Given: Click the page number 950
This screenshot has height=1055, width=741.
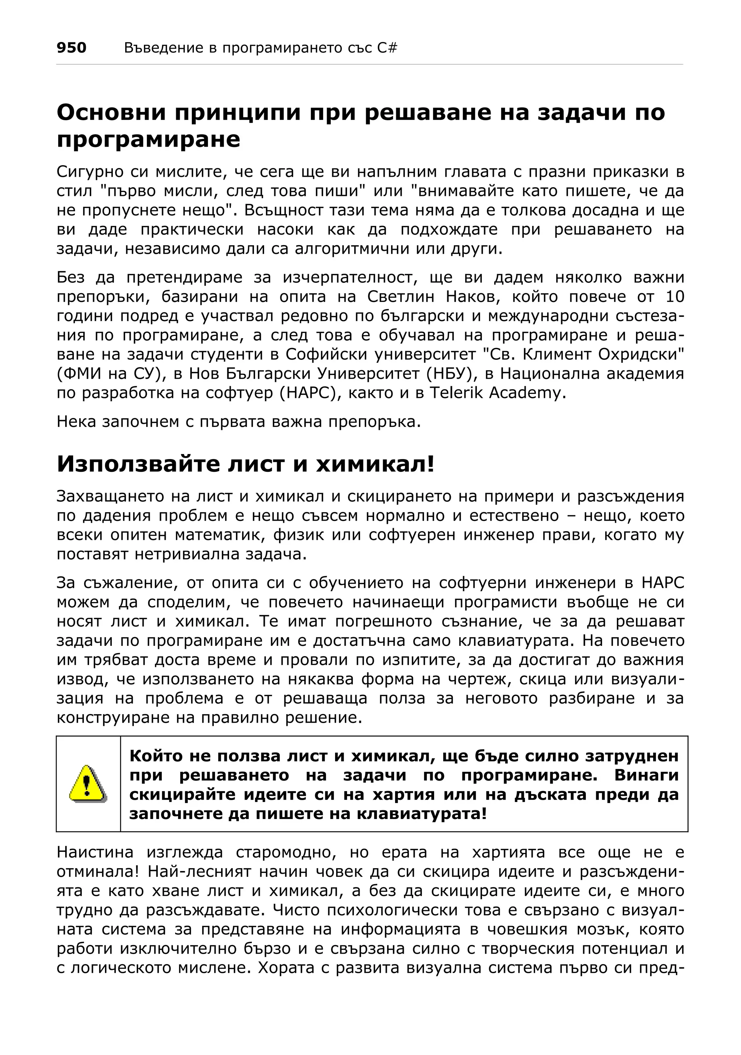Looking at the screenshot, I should pos(71,48).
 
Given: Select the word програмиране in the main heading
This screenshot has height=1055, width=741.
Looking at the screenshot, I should pos(148,140).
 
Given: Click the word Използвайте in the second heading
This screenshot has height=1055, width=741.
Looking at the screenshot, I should pos(138,464).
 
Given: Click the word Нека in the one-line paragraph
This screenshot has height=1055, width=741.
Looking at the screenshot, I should pos(75,422).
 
